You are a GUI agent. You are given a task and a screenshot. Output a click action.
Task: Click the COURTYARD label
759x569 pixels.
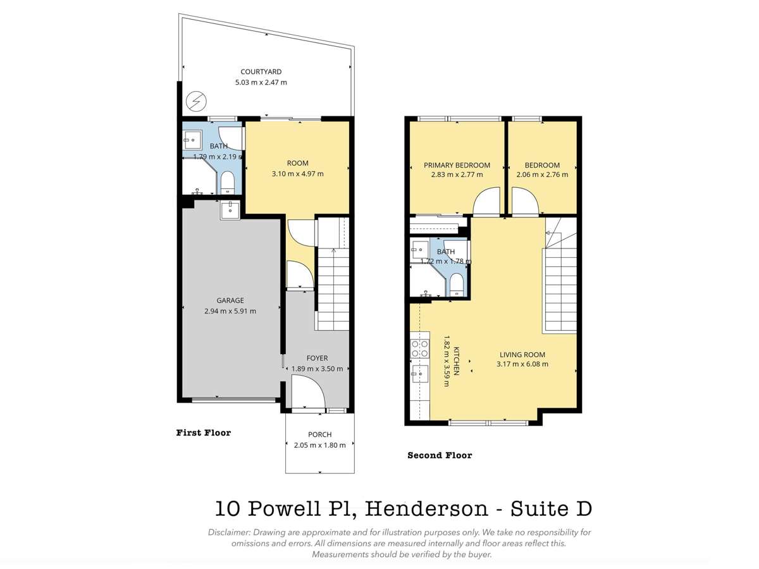coord(261,71)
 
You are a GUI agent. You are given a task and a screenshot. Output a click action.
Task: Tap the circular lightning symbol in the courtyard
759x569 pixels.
coord(196,101)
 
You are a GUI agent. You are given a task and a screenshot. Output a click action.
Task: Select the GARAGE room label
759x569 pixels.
coord(230,300)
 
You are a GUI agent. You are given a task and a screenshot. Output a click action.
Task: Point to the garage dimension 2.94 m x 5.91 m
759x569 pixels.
coord(230,310)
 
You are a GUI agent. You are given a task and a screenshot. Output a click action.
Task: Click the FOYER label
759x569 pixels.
coord(317,358)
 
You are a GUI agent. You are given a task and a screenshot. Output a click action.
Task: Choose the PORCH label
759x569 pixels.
coord(319,434)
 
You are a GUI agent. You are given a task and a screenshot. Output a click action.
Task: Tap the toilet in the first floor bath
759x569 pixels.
coord(228,183)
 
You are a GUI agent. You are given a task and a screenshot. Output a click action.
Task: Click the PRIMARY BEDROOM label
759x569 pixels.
coord(457,165)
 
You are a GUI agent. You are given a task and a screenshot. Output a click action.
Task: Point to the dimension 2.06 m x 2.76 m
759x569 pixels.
coord(542,175)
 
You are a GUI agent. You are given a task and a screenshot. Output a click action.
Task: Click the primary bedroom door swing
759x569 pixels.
coord(486,202)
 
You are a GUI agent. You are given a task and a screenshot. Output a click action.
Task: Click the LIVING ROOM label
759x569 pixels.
coord(522,355)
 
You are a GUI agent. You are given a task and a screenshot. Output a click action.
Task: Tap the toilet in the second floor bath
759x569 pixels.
coord(457,284)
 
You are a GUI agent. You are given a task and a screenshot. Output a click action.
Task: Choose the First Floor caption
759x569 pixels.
coord(203,433)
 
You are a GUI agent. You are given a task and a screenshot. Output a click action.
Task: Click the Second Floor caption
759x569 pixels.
coord(440,455)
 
